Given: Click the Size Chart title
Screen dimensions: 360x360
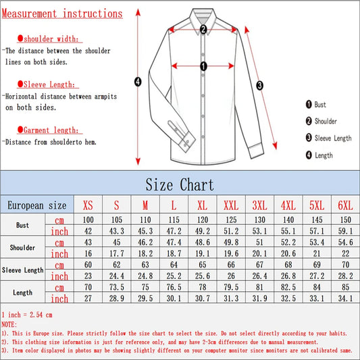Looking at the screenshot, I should pos(180,184).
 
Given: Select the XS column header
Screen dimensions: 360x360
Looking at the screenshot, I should pos(88,205).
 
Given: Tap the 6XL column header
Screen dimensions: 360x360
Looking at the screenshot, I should pos(345,205).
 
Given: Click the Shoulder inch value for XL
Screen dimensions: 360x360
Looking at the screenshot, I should pos(202,254).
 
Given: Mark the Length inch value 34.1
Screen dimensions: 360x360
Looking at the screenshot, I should pos(345,298).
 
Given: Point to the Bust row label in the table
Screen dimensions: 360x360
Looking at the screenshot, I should pos(23,226).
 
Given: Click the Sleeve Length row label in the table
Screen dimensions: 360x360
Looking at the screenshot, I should pos(23,270).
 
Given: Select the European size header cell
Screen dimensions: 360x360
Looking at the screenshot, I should pos(37,205).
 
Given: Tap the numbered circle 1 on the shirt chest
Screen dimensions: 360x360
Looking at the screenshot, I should pos(203,66).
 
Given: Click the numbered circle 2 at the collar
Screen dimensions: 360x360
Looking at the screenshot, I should pos(203,28).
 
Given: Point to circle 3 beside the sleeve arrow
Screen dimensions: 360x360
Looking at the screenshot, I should pos(260,85).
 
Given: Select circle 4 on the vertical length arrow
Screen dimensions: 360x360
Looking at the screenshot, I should pos(138,82).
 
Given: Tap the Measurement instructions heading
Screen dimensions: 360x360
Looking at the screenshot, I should pos(62,14).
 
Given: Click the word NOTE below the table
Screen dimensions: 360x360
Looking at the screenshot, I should pos(10,324).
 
